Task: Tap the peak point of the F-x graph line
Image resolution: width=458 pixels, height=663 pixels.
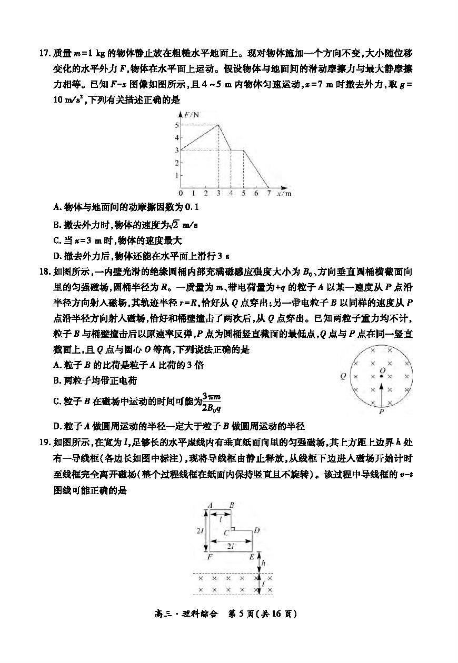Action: (x=218, y=125)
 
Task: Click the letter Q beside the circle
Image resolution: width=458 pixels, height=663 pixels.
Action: (x=343, y=376)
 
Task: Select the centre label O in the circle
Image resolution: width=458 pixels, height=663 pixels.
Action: (x=383, y=370)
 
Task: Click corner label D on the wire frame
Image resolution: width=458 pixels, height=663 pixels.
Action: (x=257, y=530)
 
